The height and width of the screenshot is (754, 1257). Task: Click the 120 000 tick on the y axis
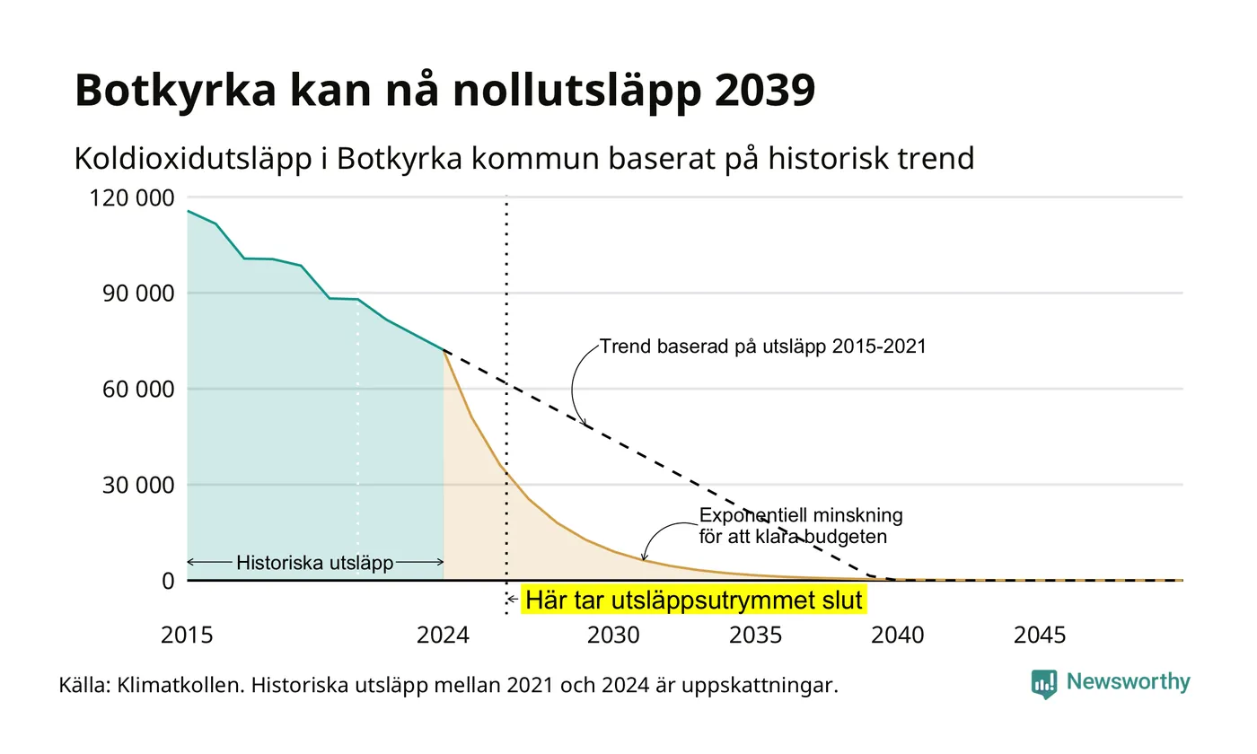tap(132, 198)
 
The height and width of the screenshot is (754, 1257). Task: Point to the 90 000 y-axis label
tap(138, 294)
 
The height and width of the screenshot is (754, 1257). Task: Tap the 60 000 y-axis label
tap(138, 390)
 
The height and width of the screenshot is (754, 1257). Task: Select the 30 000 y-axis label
tap(138, 486)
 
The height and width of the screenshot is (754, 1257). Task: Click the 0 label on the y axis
tap(169, 582)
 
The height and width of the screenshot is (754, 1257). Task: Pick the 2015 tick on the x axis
tap(187, 636)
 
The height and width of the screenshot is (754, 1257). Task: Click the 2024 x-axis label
tap(443, 636)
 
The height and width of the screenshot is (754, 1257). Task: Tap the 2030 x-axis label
tap(613, 636)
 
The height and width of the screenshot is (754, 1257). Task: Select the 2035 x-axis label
tap(755, 636)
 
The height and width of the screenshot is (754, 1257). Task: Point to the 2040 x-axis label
tap(897, 636)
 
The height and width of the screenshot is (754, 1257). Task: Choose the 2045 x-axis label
tap(1040, 636)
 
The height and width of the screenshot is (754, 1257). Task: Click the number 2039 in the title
tap(765, 90)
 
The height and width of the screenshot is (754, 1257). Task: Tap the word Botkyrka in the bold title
tap(176, 90)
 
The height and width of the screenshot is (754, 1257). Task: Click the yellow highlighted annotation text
tap(693, 601)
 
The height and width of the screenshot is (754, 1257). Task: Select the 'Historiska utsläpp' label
tap(315, 563)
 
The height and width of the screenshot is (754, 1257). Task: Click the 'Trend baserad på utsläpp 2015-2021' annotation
tap(762, 346)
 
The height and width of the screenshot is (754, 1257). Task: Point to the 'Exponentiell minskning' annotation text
tap(801, 515)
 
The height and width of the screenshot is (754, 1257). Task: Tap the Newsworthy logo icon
tap(1043, 684)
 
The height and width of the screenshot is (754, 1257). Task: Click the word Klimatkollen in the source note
tap(180, 686)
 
